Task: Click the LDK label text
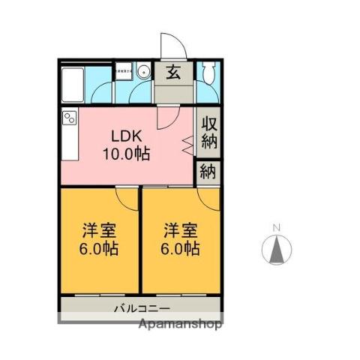click(126, 137)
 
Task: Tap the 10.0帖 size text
click(126, 155)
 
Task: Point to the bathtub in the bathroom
click(73, 84)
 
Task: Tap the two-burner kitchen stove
click(70, 118)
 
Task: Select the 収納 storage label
click(208, 132)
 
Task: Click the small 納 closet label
click(208, 171)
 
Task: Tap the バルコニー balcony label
click(142, 308)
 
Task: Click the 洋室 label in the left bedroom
click(99, 228)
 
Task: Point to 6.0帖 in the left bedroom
click(99, 247)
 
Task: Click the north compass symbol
click(276, 250)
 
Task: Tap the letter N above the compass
click(276, 228)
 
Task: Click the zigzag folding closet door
click(186, 142)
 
